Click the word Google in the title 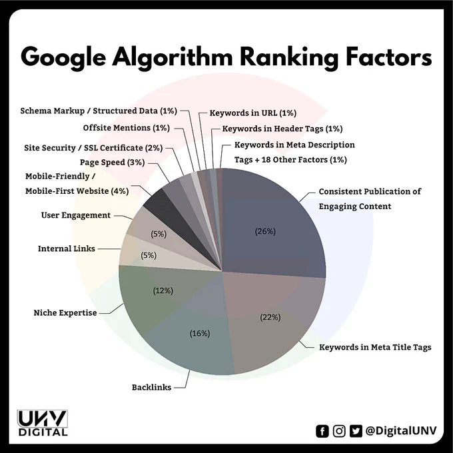pyautogui.click(x=63, y=57)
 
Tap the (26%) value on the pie pyautogui.click(x=265, y=231)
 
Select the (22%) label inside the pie pyautogui.click(x=270, y=317)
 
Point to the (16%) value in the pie pyautogui.click(x=200, y=333)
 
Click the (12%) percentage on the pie pyautogui.click(x=163, y=290)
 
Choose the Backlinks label pyautogui.click(x=151, y=387)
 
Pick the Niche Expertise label pyautogui.click(x=65, y=312)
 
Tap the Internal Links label pyautogui.click(x=67, y=248)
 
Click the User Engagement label pyautogui.click(x=76, y=215)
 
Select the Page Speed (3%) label pyautogui.click(x=113, y=163)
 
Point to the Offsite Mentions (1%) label pyautogui.click(x=127, y=128)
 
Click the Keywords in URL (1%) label pyautogui.click(x=252, y=113)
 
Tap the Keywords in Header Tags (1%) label pyautogui.click(x=282, y=129)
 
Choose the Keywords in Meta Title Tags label pyautogui.click(x=375, y=347)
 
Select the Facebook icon pyautogui.click(x=322, y=431)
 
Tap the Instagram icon pyautogui.click(x=339, y=431)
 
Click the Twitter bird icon pyautogui.click(x=356, y=431)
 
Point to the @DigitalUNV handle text pyautogui.click(x=401, y=430)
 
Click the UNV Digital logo pyautogui.click(x=42, y=422)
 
